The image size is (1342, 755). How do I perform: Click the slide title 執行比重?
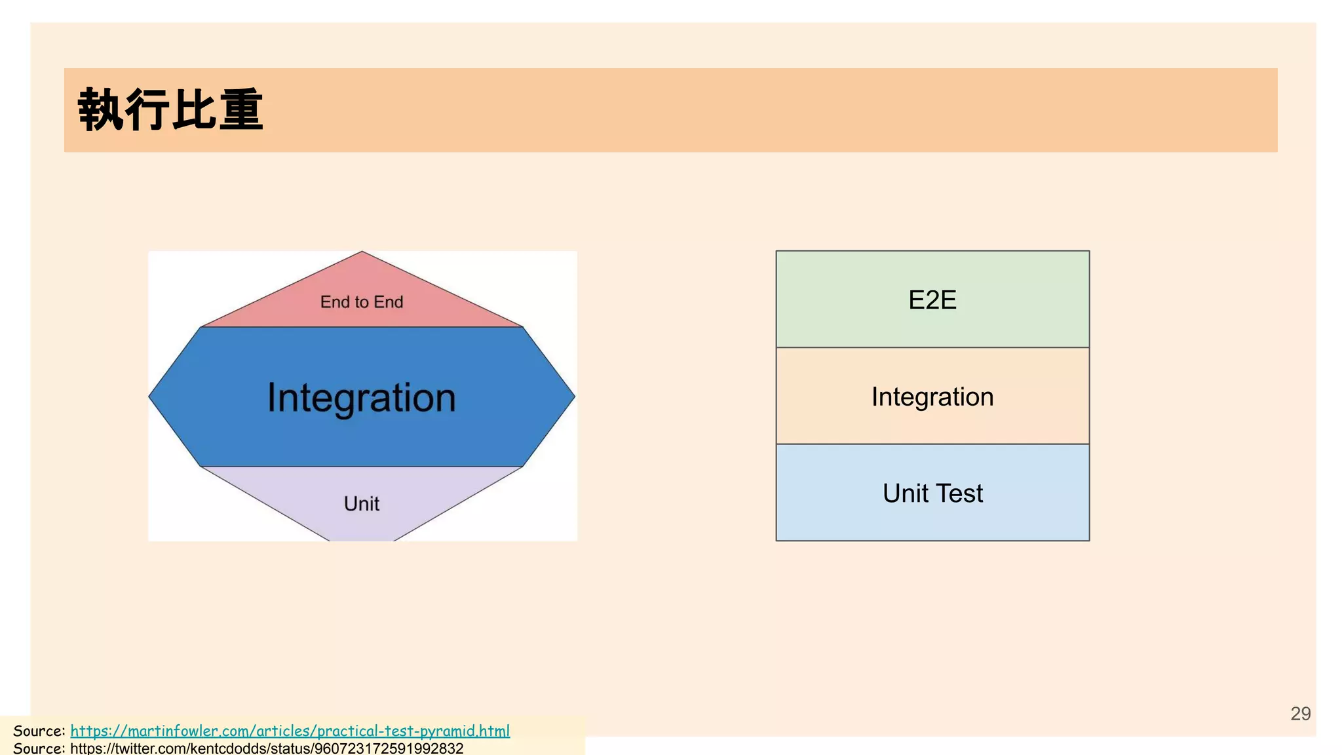(x=170, y=110)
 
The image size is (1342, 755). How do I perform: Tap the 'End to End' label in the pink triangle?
(x=362, y=302)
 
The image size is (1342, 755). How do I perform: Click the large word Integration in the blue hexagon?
(x=362, y=398)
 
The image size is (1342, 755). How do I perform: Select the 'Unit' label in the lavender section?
(x=362, y=503)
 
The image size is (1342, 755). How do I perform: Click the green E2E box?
(x=932, y=300)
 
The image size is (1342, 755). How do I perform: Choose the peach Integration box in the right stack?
(x=932, y=397)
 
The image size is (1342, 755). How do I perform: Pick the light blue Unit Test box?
(x=932, y=493)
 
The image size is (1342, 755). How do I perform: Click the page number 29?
(x=1300, y=714)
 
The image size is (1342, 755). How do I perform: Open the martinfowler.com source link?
(x=290, y=731)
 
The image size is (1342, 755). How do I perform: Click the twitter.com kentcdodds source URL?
(x=267, y=748)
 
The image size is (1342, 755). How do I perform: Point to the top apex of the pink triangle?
(x=362, y=253)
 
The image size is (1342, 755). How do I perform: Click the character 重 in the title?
(x=241, y=110)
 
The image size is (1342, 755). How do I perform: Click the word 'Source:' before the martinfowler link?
(x=39, y=731)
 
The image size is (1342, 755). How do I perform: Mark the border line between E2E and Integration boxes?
(x=932, y=347)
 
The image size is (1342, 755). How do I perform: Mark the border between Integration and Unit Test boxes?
(x=932, y=444)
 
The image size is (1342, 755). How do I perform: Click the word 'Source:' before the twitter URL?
(x=39, y=748)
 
